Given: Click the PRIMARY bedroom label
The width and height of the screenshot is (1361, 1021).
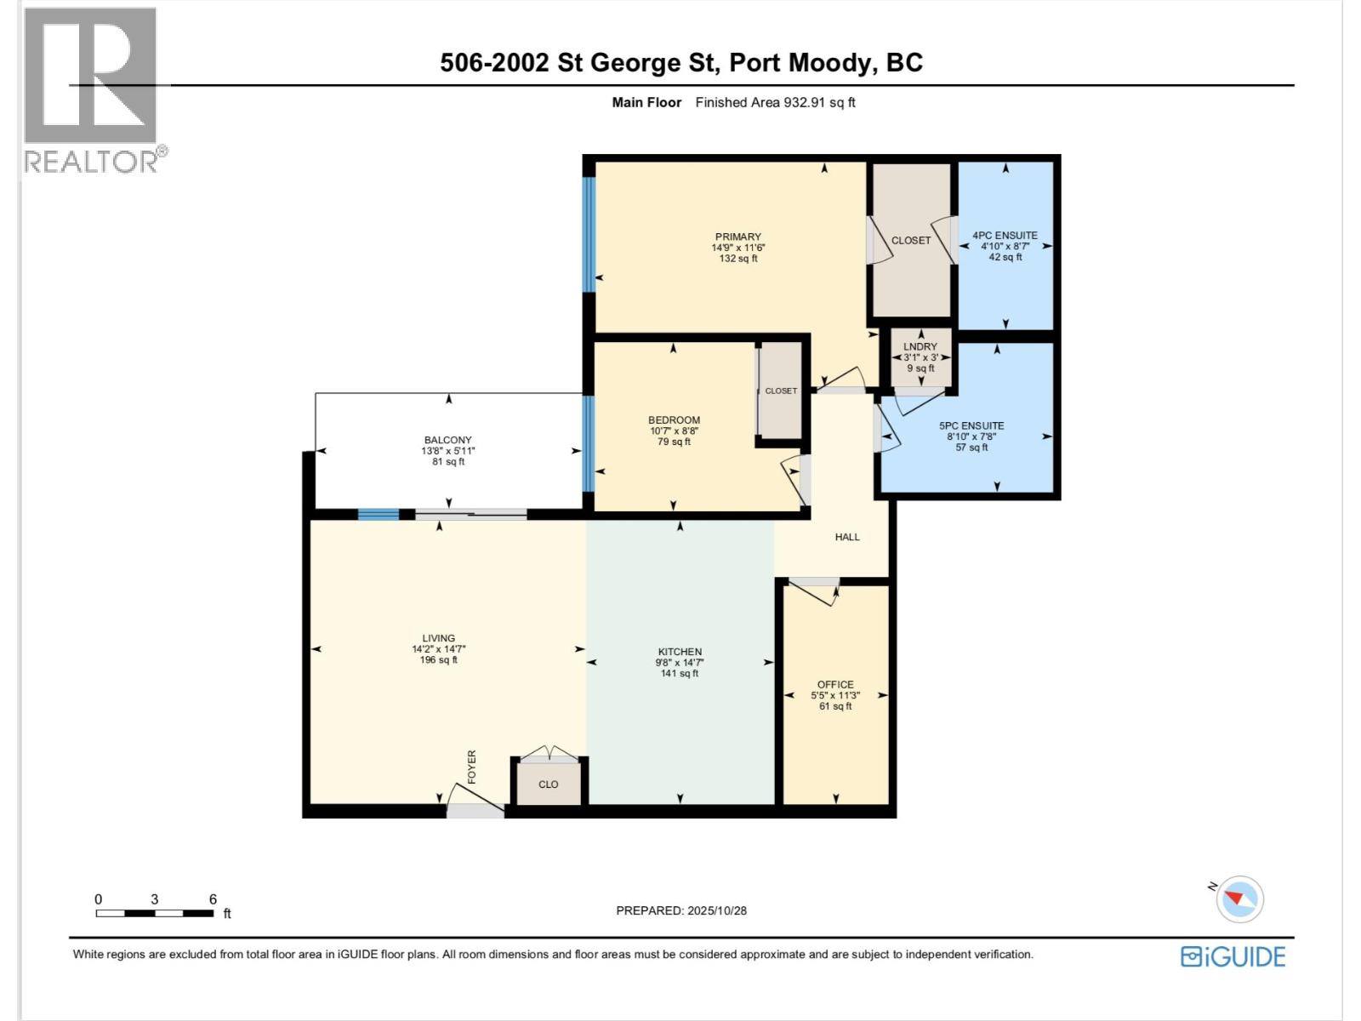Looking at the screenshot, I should click(737, 237).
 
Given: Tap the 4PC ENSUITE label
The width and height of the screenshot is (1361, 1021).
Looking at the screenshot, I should click(1005, 236).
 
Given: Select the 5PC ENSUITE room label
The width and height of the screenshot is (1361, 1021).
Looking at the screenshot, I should click(971, 425).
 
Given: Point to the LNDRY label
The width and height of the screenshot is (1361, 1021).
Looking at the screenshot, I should click(920, 346).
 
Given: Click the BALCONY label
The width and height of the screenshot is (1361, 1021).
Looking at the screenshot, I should click(447, 440).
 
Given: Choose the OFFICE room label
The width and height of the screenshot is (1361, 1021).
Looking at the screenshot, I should click(834, 684).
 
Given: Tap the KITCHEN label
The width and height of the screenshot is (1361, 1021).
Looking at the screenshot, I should click(679, 652).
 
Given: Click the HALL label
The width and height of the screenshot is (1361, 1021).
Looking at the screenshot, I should click(846, 537).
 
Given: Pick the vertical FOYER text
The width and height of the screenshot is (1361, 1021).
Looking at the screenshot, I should click(472, 767).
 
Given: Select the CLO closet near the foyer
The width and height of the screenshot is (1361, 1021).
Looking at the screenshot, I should click(549, 784).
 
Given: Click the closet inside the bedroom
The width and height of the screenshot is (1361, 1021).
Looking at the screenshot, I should click(780, 391).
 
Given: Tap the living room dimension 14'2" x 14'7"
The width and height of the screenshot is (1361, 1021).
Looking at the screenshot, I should click(438, 649).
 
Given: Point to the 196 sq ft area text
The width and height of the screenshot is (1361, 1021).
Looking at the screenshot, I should click(438, 660).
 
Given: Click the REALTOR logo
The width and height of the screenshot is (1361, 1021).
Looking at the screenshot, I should click(92, 89).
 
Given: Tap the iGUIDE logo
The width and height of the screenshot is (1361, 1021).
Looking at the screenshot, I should click(1233, 956).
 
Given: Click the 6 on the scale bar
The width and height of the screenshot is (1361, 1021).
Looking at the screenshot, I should click(213, 899).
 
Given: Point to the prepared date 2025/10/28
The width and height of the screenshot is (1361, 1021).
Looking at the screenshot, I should click(715, 910).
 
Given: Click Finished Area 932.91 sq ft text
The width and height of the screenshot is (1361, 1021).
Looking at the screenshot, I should click(775, 102).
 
